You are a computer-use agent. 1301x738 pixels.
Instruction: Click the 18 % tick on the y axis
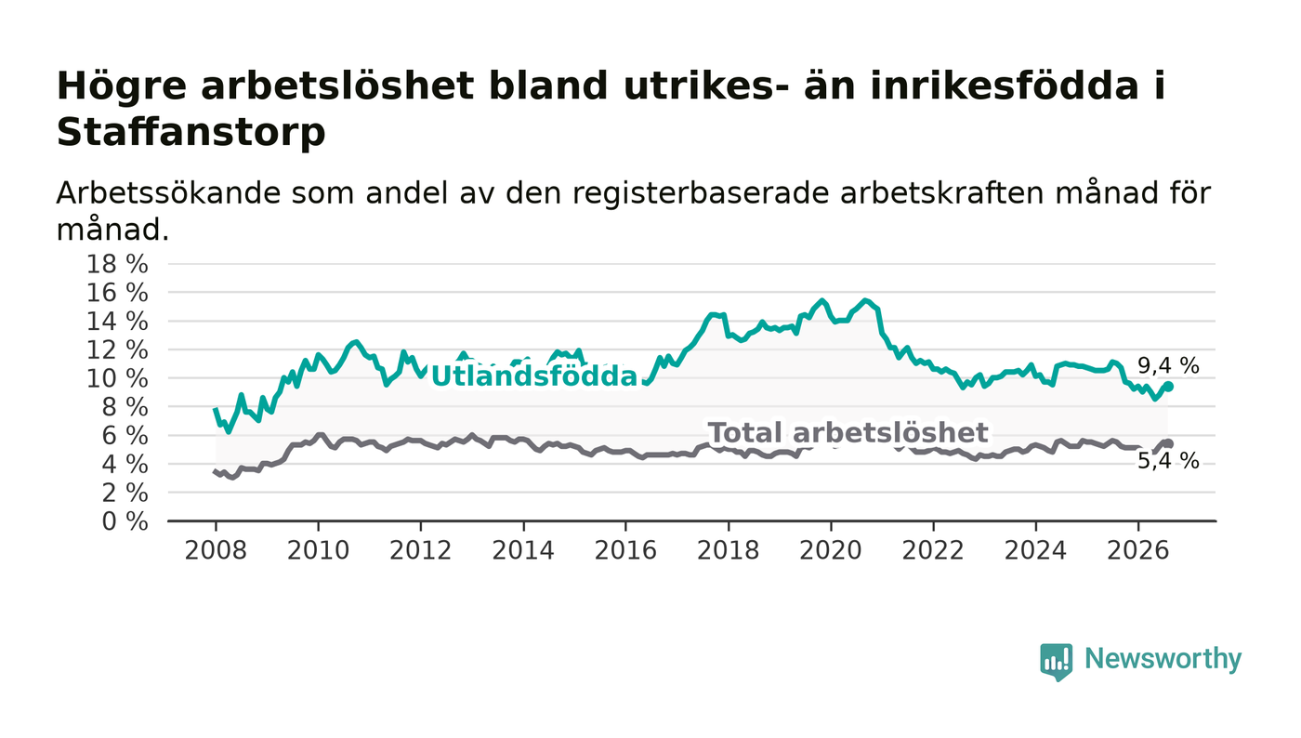coord(117,264)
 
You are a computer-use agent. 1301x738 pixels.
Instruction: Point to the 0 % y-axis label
coord(125,521)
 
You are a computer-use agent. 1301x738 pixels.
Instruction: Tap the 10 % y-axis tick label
coord(117,379)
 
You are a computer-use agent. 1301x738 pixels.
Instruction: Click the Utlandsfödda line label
coord(534,376)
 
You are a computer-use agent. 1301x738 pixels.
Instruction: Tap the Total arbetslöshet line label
coord(848,433)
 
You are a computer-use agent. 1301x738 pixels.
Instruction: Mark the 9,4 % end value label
coord(1168,365)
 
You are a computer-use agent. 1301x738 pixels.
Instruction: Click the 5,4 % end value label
coord(1168,461)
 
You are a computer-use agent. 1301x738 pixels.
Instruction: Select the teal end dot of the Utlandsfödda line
coord(1169,387)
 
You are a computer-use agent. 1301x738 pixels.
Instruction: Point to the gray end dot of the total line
coord(1169,444)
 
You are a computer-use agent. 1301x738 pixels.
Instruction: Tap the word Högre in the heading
coord(122,87)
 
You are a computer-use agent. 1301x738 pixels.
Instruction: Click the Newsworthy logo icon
coord(1056,662)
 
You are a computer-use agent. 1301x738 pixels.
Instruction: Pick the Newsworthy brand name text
coord(1163,659)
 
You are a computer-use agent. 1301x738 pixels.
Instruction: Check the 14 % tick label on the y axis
coord(117,322)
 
